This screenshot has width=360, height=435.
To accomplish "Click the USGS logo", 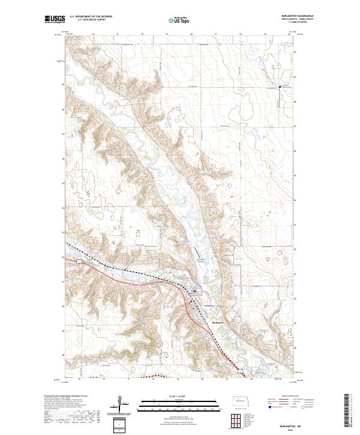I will (55, 20).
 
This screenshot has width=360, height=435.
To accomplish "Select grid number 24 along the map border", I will (289, 34).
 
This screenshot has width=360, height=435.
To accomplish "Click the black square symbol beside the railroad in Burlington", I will (194, 292).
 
